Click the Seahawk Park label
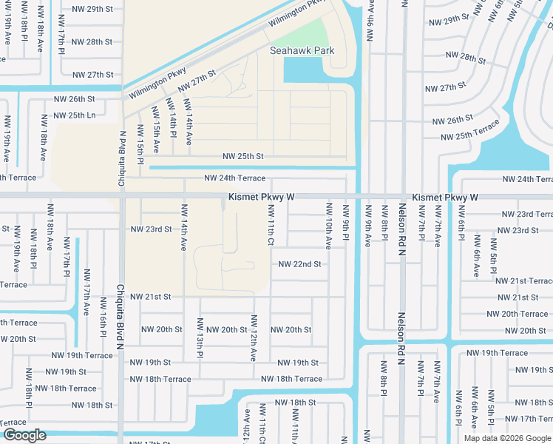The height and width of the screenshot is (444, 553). point(302,51)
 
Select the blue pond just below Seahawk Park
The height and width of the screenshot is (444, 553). point(303,70)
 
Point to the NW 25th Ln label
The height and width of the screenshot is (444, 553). point(77,115)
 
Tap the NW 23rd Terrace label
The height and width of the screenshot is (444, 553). point(524,214)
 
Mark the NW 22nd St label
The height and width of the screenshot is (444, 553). point(299,264)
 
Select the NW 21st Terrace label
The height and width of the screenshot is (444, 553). point(523,281)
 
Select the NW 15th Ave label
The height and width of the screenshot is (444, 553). point(155,129)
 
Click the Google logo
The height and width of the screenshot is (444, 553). point(24,435)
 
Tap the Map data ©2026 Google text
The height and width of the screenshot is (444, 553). point(506,438)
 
